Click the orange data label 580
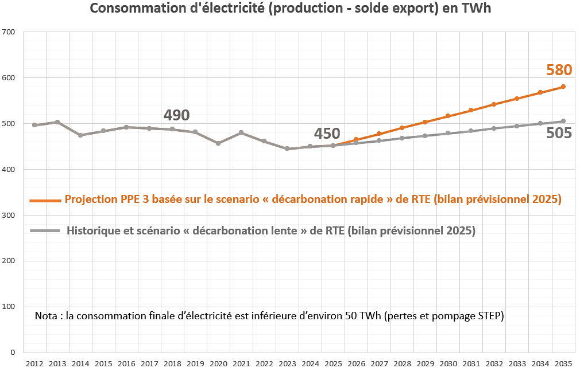tap(559, 70)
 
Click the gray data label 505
tap(559, 134)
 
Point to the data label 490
tap(176, 115)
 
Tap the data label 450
tap(327, 134)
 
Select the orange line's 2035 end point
tap(563, 87)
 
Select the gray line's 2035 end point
tap(563, 121)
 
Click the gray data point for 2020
tap(218, 143)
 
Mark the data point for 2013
tap(57, 122)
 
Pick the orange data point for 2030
tap(448, 116)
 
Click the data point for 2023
tap(287, 148)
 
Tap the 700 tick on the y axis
tap(9, 32)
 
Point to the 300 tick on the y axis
tap(9, 216)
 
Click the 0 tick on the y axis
tap(12, 353)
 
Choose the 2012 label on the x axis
tap(34, 363)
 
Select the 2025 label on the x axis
tap(333, 363)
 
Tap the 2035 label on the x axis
tap(563, 363)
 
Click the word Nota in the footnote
tap(46, 316)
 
